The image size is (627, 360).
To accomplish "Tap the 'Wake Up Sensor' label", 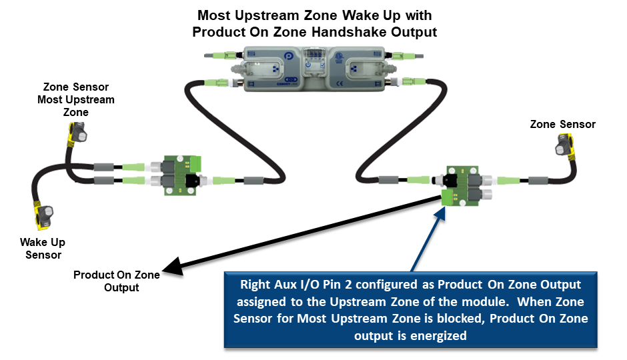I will (43, 248).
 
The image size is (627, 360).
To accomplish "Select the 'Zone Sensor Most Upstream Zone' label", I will (75, 99).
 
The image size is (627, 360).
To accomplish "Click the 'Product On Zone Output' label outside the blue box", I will (117, 281).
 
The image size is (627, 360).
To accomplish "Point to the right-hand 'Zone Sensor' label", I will (562, 124).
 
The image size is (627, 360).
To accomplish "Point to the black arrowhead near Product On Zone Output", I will (173, 266).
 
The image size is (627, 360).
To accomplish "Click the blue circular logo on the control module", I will (288, 56).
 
